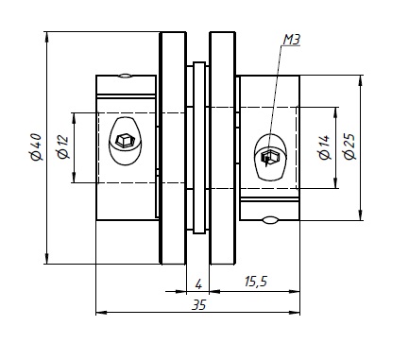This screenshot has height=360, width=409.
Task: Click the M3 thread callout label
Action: click(292, 40)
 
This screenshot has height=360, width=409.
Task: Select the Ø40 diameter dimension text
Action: click(36, 147)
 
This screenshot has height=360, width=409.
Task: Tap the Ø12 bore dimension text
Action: click(62, 146)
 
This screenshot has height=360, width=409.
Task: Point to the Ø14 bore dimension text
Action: click(324, 147)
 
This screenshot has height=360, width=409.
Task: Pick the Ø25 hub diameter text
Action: click(349, 146)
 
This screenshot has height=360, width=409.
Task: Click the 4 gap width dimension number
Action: click(198, 284)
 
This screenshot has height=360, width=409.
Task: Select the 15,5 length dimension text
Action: click(256, 282)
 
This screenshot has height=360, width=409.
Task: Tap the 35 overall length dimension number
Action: click(199, 305)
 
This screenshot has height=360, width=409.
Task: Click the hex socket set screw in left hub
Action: click(126, 141)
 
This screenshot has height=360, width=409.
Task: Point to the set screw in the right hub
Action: click(270, 157)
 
